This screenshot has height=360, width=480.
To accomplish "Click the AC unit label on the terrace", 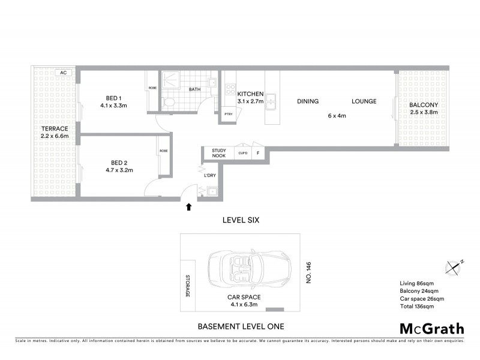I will click(x=63, y=73).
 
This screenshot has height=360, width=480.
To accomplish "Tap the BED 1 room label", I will click(x=113, y=98).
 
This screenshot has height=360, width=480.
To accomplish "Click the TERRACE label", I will click(x=55, y=129).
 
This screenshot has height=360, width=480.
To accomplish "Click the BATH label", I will click(x=195, y=89).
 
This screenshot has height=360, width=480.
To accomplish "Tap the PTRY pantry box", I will click(x=228, y=114).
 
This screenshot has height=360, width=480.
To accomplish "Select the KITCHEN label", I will click(x=250, y=94).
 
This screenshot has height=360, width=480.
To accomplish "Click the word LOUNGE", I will click(x=364, y=101).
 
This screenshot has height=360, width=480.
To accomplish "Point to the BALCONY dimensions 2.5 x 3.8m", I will click(x=424, y=113).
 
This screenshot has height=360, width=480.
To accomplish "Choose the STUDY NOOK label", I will click(x=218, y=154).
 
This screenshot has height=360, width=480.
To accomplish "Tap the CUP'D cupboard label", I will click(x=243, y=154).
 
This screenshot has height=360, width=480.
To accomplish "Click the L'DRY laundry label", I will click(x=210, y=175).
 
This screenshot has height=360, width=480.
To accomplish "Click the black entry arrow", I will click(x=189, y=208).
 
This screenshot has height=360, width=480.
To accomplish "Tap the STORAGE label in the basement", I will click(x=187, y=286).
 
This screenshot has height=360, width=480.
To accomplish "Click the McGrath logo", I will click(x=432, y=328).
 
